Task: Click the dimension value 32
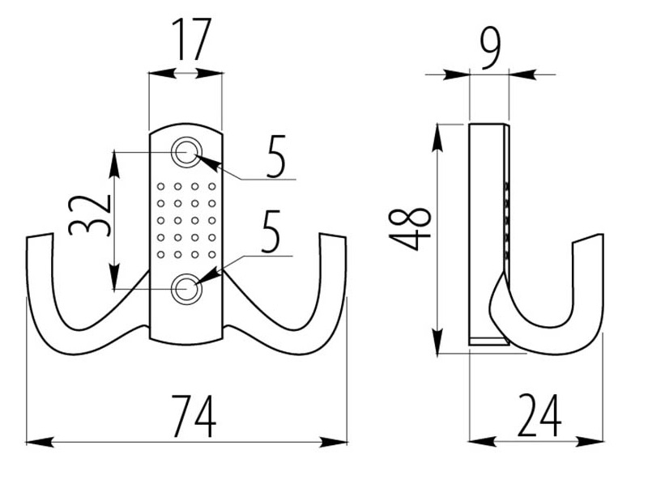90,214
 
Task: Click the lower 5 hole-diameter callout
271,231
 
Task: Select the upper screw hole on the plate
187,151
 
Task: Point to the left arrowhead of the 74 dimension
34,442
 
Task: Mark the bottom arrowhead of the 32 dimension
116,280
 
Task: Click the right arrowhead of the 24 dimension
597,442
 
